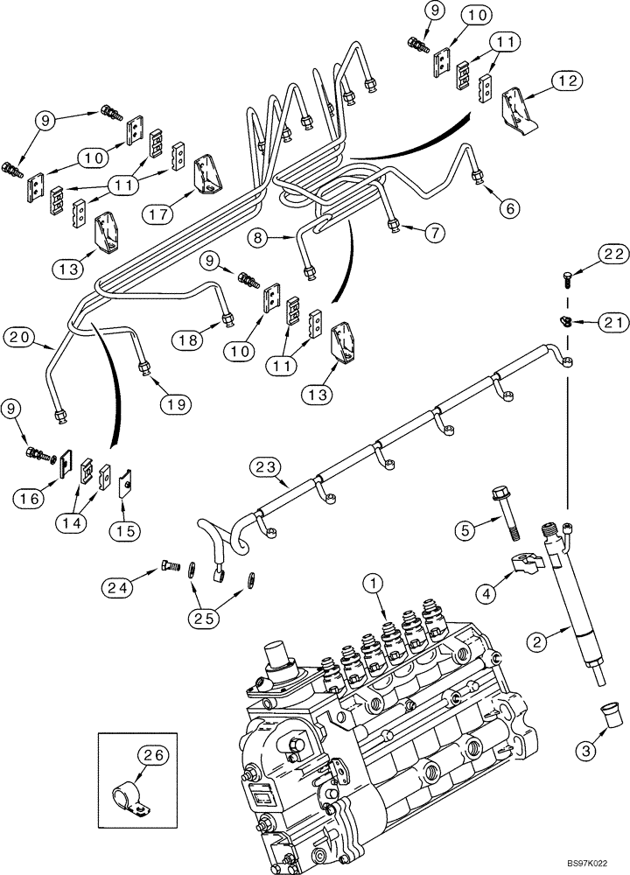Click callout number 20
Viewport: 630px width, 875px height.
20,335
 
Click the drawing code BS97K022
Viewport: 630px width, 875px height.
591,862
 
